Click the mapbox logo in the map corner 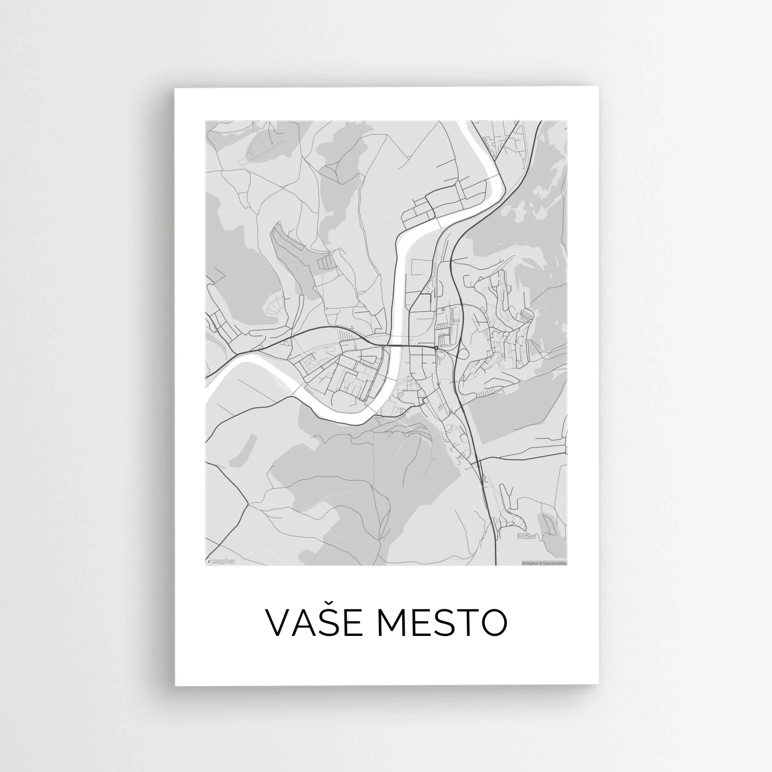click(221, 561)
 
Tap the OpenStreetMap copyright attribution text click(553, 563)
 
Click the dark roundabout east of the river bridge click(436, 348)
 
